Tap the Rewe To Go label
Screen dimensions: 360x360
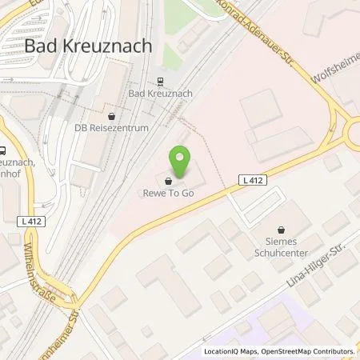[169, 191]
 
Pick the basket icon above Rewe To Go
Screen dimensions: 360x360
[169, 180]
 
